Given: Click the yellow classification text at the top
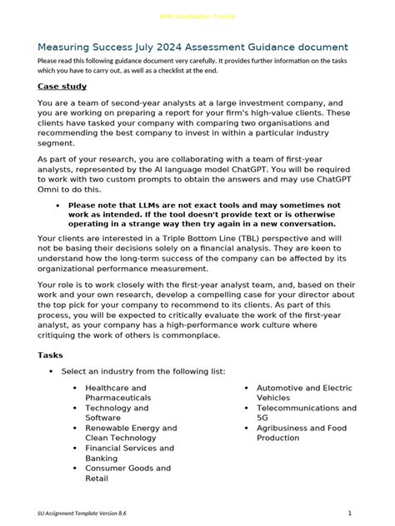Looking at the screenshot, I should [197, 17].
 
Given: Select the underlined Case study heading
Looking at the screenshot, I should [62, 86].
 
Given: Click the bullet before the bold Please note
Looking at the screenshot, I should [56, 205].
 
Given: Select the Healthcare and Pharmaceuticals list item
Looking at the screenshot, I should [116, 393].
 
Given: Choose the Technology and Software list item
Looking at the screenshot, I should [117, 413].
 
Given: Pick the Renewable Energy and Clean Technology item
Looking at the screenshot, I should [130, 433].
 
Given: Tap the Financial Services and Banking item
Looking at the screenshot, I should [128, 453].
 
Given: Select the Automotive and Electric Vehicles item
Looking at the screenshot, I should [303, 393].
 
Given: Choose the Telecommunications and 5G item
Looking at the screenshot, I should [306, 413].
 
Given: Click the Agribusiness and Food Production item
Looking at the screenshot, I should [301, 433].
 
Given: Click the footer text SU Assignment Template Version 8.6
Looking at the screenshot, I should [82, 512].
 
